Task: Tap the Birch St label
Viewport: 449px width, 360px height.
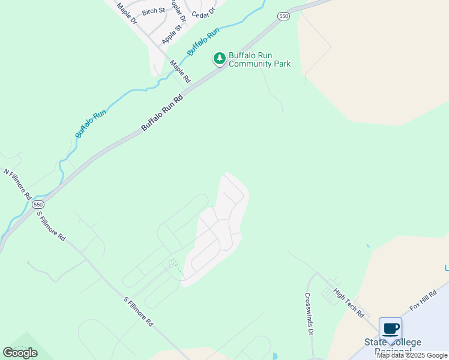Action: [x=153, y=11]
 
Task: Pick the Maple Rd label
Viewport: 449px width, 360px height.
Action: [x=179, y=71]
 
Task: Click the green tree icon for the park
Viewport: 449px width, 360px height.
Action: [x=220, y=59]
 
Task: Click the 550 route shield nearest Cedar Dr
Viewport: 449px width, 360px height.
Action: [x=284, y=16]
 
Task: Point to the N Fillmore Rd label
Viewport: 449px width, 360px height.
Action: [x=17, y=184]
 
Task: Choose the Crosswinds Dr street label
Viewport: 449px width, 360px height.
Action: [x=309, y=314]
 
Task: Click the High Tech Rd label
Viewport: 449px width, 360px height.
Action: [x=349, y=302]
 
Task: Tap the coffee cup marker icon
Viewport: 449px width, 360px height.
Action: [x=390, y=329]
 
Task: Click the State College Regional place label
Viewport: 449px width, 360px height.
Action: [x=393, y=347]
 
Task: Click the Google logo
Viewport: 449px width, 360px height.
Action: [x=20, y=353]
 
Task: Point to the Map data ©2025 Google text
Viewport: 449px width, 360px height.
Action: [x=412, y=355]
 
